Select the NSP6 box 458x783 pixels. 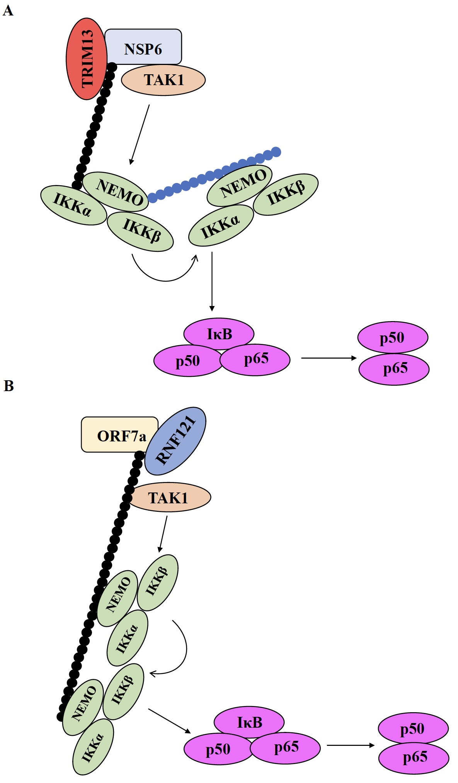point(143,47)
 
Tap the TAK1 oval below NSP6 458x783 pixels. point(163,80)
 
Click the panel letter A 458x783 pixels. point(8,10)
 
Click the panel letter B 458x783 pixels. point(9,386)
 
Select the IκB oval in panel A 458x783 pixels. point(219,333)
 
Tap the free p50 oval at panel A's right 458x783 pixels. point(393,337)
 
